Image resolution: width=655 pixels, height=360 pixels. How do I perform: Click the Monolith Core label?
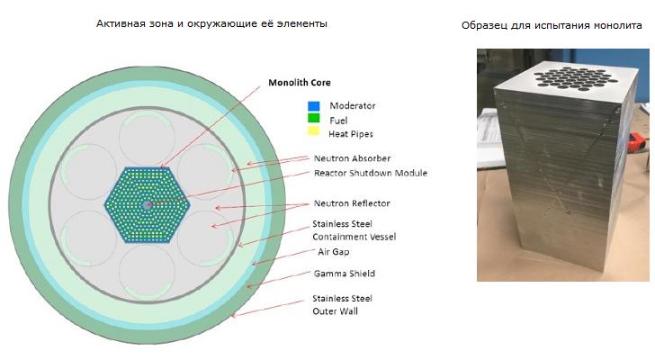pyautogui.click(x=299, y=83)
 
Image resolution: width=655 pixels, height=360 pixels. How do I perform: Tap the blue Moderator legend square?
pyautogui.click(x=314, y=106)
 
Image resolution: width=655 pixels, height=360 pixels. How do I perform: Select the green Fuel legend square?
pyautogui.click(x=314, y=118)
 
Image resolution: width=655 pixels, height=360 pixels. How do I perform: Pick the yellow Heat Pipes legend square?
pyautogui.click(x=313, y=130)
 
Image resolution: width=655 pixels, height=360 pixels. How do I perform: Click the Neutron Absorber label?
pyautogui.click(x=352, y=158)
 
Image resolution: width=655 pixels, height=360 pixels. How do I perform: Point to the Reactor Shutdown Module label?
pyautogui.click(x=371, y=173)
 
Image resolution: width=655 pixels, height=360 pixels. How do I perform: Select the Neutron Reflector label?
pyautogui.click(x=352, y=203)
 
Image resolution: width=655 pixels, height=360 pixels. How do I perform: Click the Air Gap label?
pyautogui.click(x=333, y=252)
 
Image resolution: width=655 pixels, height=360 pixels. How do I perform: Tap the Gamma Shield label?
pyautogui.click(x=345, y=274)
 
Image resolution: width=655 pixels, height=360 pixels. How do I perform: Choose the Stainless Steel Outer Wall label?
pyautogui.click(x=342, y=305)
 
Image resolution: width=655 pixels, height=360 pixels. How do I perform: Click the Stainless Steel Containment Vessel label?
pyautogui.click(x=354, y=230)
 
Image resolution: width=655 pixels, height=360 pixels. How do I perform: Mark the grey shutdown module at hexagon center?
pyautogui.click(x=147, y=204)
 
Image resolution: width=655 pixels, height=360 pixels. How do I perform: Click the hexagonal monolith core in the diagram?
pyautogui.click(x=147, y=204)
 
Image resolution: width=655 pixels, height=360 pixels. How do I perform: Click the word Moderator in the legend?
pyautogui.click(x=352, y=105)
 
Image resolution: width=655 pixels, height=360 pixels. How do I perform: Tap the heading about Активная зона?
pyautogui.click(x=211, y=23)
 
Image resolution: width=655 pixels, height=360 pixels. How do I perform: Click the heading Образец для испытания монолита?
pyautogui.click(x=552, y=25)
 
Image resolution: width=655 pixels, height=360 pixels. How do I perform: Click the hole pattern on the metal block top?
pyautogui.click(x=573, y=78)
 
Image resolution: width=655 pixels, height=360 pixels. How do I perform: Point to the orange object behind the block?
pyautogui.click(x=638, y=140)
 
